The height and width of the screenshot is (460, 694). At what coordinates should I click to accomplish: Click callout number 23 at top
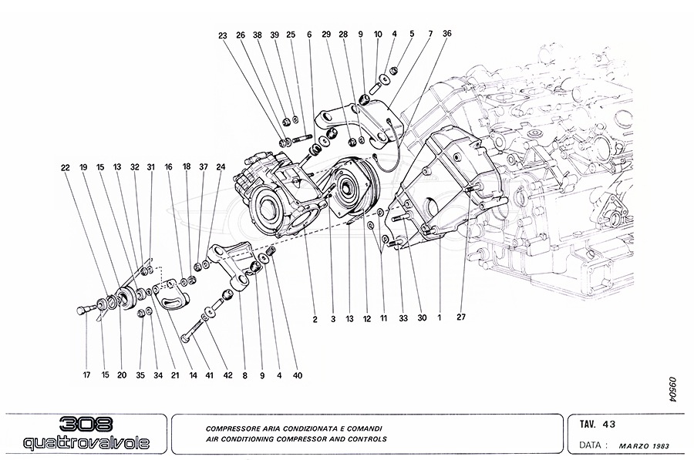coord(222,35)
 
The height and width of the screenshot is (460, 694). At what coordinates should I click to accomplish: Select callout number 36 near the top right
coord(447,34)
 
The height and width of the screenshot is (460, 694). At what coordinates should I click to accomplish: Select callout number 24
coord(221,166)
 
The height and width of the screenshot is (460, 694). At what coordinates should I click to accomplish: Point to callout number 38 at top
coord(258,35)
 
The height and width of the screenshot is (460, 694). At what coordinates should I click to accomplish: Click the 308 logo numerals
coord(86,425)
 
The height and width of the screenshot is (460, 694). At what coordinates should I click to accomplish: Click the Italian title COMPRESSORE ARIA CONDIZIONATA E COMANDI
coord(294,428)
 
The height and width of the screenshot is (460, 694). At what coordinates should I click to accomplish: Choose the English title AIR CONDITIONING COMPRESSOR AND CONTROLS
coord(296,439)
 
